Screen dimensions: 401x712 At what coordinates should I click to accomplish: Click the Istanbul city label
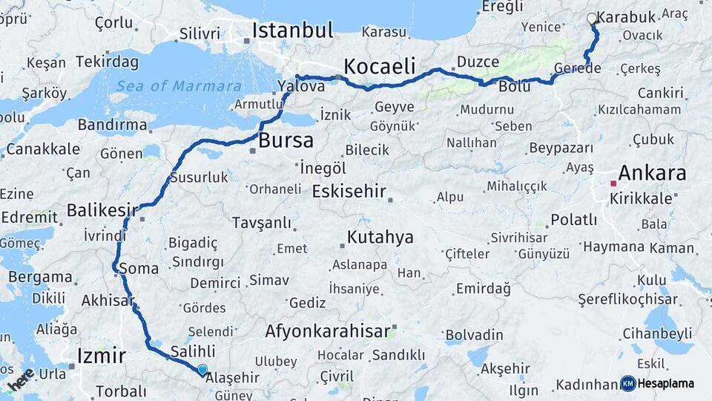(x=292, y=30)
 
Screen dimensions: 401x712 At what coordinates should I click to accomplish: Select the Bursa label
(x=286, y=141)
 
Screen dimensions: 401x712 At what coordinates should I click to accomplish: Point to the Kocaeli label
(x=380, y=65)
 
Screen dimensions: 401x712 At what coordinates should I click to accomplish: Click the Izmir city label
(x=102, y=356)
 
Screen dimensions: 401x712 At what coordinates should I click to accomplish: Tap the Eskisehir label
(x=349, y=192)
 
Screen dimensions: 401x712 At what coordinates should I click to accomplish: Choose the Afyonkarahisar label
(x=327, y=331)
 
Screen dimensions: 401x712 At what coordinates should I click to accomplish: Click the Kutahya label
(x=380, y=238)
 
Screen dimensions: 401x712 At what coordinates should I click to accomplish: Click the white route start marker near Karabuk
(x=591, y=19)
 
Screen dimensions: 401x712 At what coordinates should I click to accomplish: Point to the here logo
(x=20, y=379)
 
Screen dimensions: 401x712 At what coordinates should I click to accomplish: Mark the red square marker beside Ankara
(x=613, y=183)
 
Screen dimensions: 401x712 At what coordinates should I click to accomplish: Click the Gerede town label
(x=578, y=68)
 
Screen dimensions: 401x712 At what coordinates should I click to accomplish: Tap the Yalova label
(x=302, y=86)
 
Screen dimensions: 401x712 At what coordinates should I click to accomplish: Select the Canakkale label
(x=41, y=149)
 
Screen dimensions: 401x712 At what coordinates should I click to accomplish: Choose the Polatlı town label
(x=573, y=220)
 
